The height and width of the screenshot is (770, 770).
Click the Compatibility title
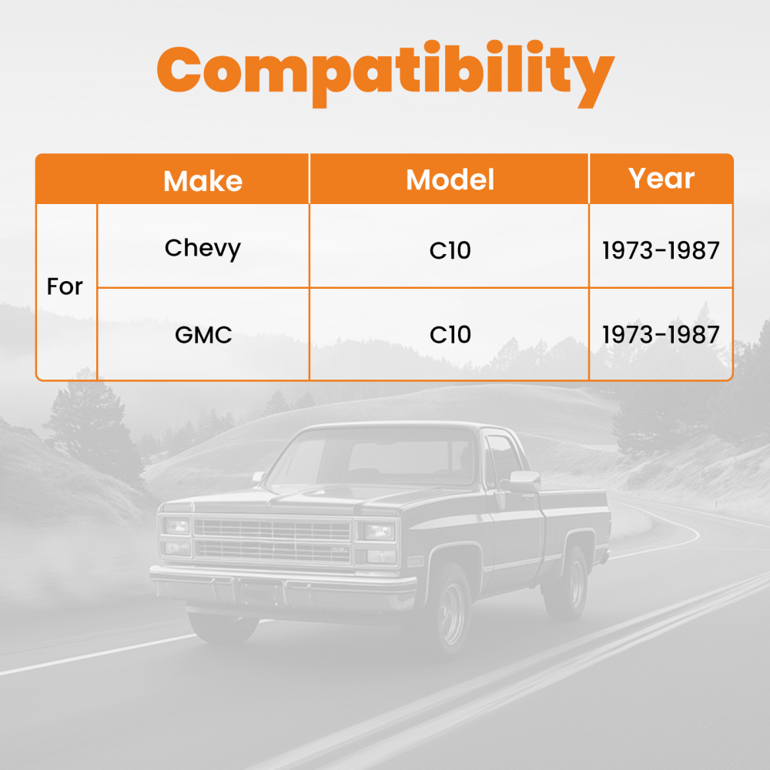(x=385, y=73)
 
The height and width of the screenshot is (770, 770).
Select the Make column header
(x=203, y=181)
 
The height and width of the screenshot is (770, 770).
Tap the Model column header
(x=450, y=179)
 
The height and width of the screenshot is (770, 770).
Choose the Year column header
(x=661, y=178)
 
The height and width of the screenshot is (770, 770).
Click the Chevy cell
(x=203, y=248)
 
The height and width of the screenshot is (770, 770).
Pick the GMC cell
(x=203, y=335)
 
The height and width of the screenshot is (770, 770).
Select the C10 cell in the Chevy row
(x=450, y=250)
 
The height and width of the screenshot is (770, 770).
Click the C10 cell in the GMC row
(x=450, y=335)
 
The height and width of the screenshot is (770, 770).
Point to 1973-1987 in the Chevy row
(x=661, y=250)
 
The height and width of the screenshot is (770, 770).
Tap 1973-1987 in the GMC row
(x=661, y=335)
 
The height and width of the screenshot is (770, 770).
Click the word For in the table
(x=65, y=287)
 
